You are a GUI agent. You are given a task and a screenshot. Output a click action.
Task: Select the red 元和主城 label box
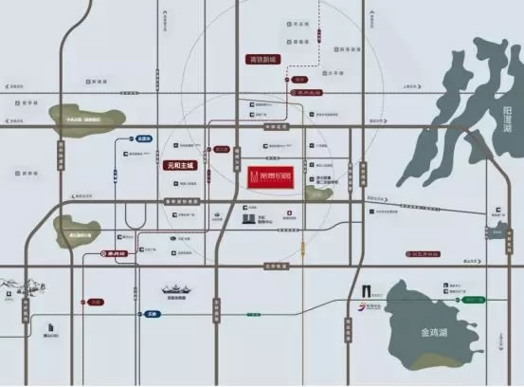tap(178, 165)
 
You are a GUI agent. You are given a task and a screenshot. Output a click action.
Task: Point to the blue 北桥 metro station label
tap(144, 138)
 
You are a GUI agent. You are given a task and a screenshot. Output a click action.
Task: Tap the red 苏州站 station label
tap(114, 253)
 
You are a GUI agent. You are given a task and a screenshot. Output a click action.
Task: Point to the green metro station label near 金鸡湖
tap(472, 300)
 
